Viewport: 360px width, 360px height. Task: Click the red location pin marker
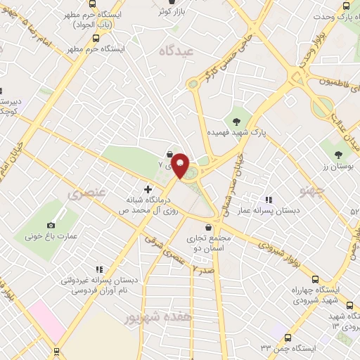click(181, 166)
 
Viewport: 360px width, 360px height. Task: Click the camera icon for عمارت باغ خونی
click(51, 225)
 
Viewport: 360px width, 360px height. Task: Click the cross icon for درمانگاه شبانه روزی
click(147, 188)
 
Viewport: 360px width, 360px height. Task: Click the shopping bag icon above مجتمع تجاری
click(209, 226)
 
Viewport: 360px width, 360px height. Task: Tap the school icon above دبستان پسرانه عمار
click(267, 200)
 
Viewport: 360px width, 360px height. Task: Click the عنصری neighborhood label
click(84, 192)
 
